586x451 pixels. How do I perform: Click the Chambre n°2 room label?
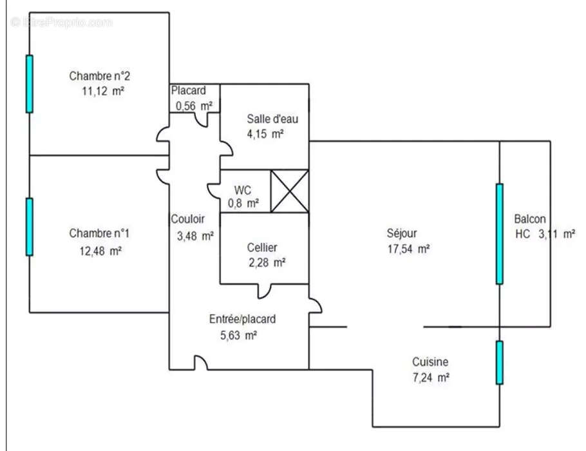tap(100, 76)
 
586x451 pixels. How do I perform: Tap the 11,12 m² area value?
tap(102, 91)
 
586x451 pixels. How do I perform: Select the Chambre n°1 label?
tap(100, 233)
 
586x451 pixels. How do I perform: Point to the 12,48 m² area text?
tap(100, 251)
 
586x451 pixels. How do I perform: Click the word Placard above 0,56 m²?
tap(188, 91)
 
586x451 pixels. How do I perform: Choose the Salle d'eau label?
tap(272, 119)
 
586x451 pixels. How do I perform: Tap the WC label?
tap(242, 190)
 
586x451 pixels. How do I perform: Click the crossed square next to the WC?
tap(289, 191)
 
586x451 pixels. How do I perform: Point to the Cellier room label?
tap(262, 247)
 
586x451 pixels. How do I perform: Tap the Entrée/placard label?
tap(243, 319)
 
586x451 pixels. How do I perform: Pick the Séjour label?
tap(402, 233)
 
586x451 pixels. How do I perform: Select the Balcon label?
tap(530, 218)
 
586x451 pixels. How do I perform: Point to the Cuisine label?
tap(430, 362)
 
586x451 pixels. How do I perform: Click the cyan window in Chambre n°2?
tap(29, 84)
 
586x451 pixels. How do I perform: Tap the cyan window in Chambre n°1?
tap(29, 227)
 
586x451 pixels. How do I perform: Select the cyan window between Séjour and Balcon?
tap(499, 233)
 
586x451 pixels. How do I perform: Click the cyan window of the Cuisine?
tap(499, 363)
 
